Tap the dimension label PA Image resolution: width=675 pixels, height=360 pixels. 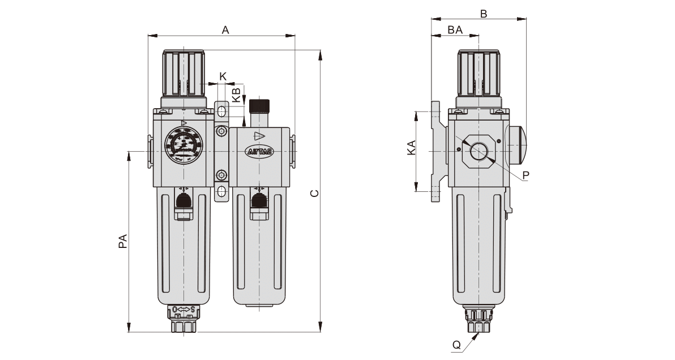tap(122, 242)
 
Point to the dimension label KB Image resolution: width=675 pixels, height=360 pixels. tap(237, 94)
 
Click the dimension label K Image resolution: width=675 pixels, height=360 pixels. tap(223, 76)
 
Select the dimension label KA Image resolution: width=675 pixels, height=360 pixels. tap(412, 148)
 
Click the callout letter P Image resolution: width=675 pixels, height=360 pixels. tap(526, 175)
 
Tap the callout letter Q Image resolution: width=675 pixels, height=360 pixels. tap(456, 344)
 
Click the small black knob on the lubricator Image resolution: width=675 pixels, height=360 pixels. tap(258, 106)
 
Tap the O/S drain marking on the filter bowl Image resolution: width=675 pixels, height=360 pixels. tap(183, 309)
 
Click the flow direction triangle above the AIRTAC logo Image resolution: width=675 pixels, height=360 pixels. tap(259, 136)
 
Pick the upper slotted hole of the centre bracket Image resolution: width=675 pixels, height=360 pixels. tap(221, 110)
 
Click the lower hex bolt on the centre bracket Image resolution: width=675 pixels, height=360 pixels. tap(221, 175)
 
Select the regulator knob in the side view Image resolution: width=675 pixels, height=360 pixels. tap(479, 74)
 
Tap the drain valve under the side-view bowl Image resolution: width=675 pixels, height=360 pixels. tap(479, 320)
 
